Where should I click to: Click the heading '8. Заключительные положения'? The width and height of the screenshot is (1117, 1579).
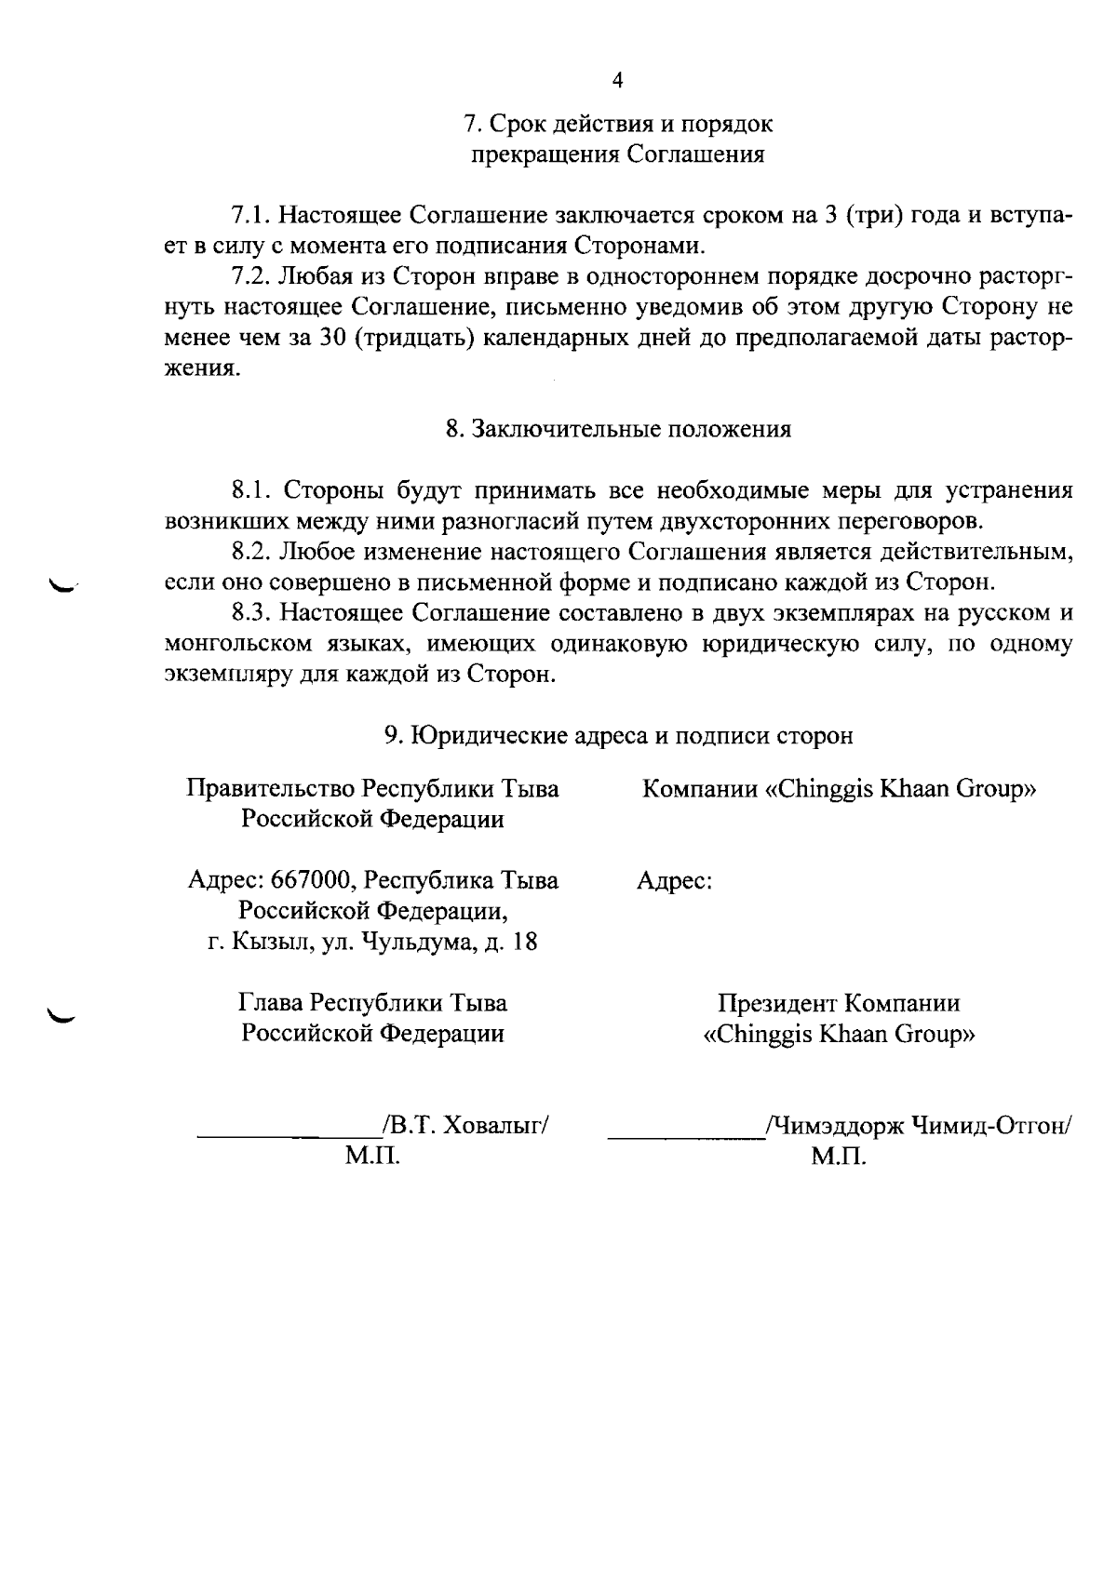click(618, 429)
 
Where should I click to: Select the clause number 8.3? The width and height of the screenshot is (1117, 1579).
click(250, 613)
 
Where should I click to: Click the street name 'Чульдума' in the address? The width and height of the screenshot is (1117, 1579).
click(420, 942)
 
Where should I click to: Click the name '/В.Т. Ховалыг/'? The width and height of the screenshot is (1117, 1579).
click(465, 1126)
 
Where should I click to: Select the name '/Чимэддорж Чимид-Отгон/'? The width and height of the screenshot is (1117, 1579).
click(917, 1126)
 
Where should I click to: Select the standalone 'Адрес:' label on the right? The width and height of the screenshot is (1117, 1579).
click(675, 880)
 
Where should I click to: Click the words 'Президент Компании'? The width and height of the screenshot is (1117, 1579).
click(839, 1003)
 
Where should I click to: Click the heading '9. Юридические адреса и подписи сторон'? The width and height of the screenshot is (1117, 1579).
click(618, 735)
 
